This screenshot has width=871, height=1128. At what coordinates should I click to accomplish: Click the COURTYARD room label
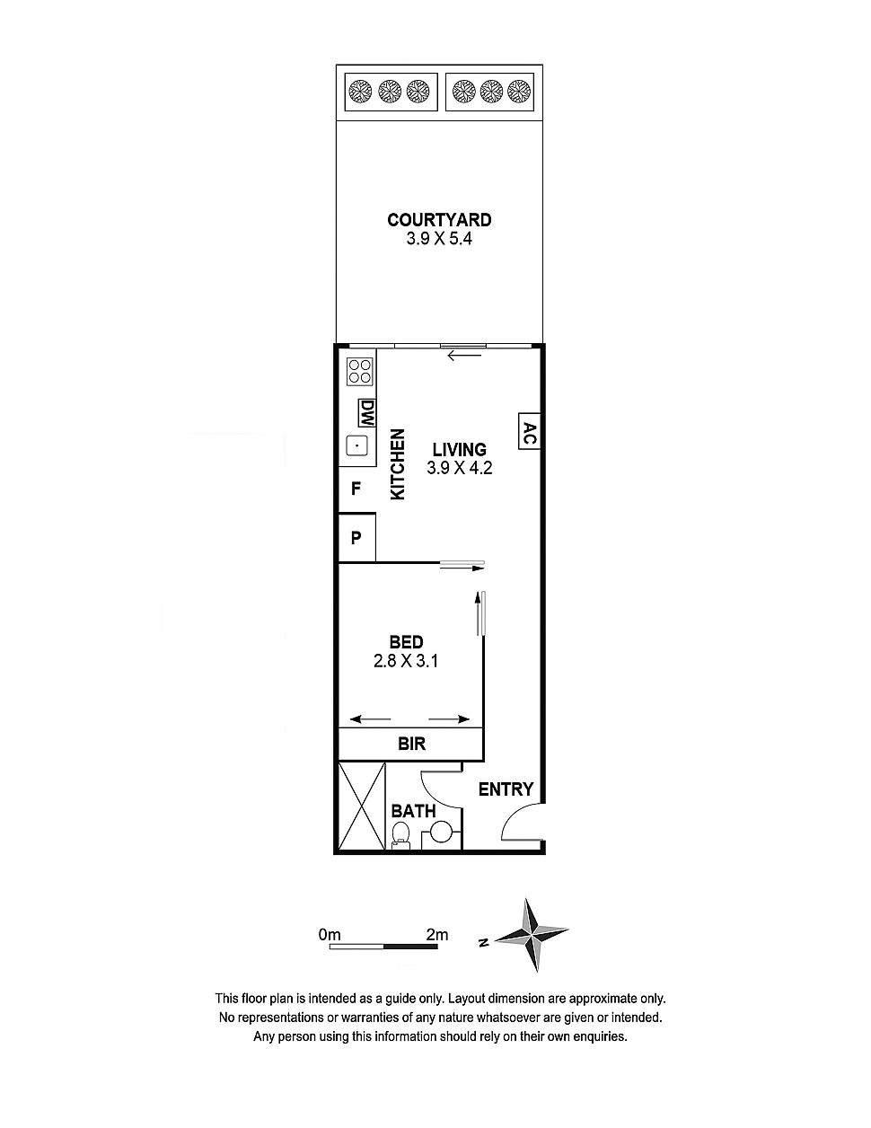439,219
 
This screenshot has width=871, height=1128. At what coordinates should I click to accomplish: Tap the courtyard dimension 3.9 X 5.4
439,239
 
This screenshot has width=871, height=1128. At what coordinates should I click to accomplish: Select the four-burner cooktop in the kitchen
359,371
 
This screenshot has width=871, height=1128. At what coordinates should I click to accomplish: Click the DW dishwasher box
366,413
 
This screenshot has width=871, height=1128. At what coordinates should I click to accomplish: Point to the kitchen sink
356,445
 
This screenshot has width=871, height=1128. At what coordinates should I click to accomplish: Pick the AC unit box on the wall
529,430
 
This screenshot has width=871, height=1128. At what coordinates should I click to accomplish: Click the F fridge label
356,489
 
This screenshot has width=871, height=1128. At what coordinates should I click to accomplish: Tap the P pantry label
356,538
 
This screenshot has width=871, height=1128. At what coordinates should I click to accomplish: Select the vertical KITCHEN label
397,464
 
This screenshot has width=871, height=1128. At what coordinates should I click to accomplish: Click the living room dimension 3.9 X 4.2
459,468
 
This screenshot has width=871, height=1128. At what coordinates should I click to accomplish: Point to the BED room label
406,642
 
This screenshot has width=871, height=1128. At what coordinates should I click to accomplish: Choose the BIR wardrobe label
411,744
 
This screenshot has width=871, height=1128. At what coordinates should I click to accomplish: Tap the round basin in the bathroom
440,832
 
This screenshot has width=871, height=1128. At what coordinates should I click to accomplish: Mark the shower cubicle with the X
362,806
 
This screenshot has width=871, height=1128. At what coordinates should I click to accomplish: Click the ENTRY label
506,789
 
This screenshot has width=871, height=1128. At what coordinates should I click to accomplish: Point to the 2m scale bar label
436,935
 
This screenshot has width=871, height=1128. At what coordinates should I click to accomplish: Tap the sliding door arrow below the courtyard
464,356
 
